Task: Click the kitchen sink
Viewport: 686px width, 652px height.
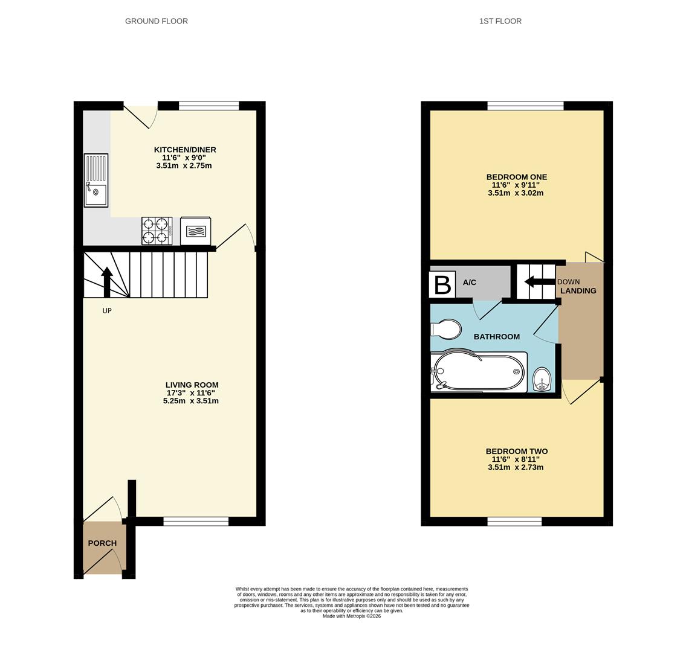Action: coord(96,180)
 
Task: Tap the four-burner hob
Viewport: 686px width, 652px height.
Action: coord(157,231)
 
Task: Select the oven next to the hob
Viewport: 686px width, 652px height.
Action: coord(196,231)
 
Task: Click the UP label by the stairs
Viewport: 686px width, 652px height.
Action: coord(107,311)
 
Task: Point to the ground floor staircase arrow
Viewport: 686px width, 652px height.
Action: coord(107,283)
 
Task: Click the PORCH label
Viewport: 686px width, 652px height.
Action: coord(102,543)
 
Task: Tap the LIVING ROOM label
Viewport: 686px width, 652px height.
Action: coord(192,385)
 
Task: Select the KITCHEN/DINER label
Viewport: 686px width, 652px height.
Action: coord(185,150)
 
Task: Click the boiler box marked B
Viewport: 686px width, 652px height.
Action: coord(442,285)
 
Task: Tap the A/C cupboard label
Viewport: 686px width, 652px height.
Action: coord(470,283)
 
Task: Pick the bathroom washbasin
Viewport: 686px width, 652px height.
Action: coord(542,379)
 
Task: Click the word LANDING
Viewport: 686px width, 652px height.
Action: coord(578,290)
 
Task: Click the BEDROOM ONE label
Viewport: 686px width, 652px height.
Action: coord(517,177)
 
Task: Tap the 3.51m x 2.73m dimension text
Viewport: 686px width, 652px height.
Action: coord(516,467)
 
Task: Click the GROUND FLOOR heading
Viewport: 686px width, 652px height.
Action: coord(157,21)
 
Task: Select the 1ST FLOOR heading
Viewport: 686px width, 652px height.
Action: coord(500,21)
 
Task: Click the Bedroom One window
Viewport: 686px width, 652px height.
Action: coord(525,106)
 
